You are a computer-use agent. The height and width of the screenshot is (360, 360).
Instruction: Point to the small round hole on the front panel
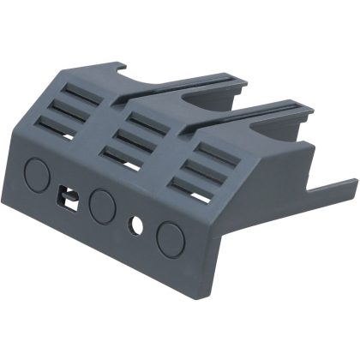pos(135,225)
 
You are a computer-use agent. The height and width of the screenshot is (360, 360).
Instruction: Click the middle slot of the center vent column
pos(135,136)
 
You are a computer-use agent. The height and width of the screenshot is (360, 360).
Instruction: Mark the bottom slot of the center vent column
pos(125,154)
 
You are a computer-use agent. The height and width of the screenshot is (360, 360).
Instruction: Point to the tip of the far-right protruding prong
pos(353,182)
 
